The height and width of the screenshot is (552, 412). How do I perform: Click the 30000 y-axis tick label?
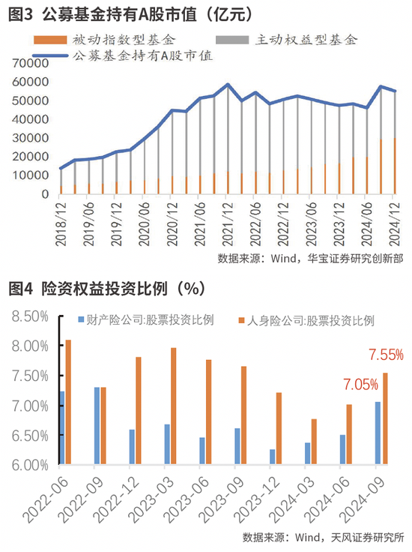click(31, 138)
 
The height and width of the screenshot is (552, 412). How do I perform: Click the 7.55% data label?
click(386, 354)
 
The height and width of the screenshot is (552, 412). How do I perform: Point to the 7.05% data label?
click(360, 385)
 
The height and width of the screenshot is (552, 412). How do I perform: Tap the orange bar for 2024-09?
click(386, 419)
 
